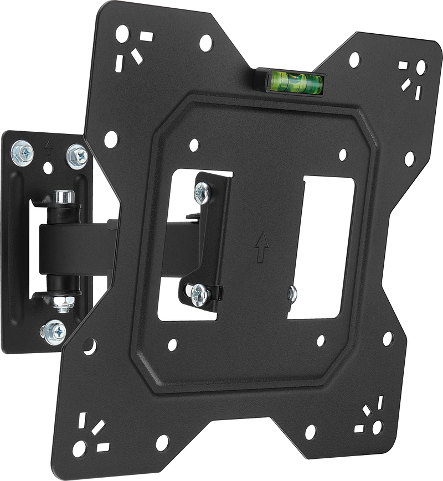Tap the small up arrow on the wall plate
[x=49, y=148]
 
